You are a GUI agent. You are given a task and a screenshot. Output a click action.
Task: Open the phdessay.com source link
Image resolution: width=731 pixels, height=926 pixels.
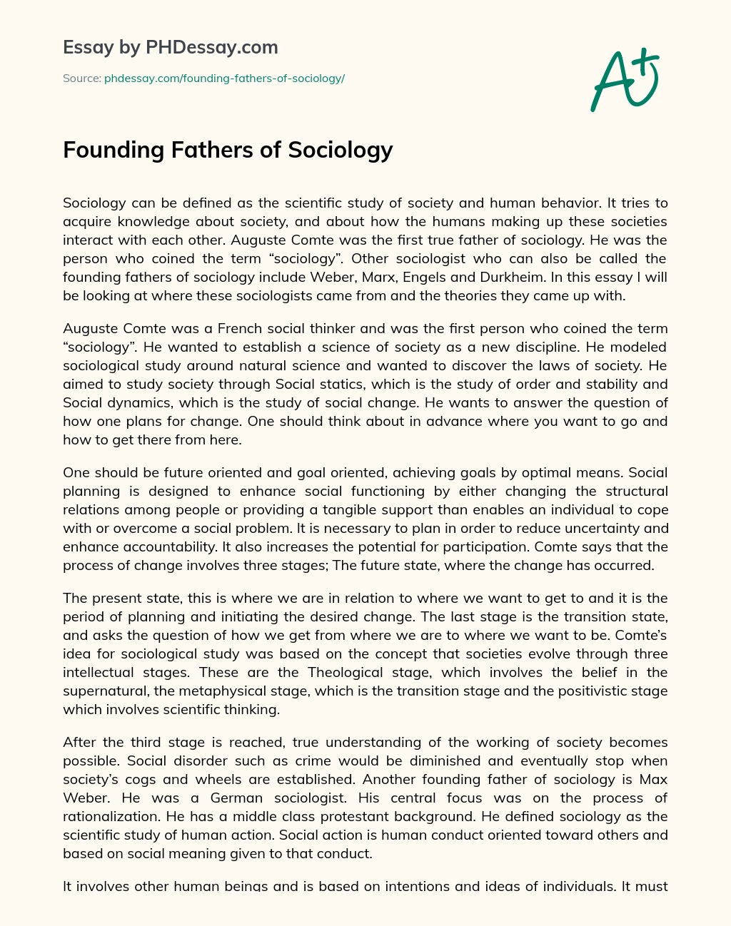point(224,78)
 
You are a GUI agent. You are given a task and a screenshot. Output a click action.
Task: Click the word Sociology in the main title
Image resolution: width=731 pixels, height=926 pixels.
point(341,150)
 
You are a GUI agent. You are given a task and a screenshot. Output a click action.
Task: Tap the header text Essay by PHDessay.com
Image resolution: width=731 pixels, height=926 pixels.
point(171,48)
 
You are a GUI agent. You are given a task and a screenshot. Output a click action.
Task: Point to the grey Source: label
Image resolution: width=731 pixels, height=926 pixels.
point(81,78)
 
